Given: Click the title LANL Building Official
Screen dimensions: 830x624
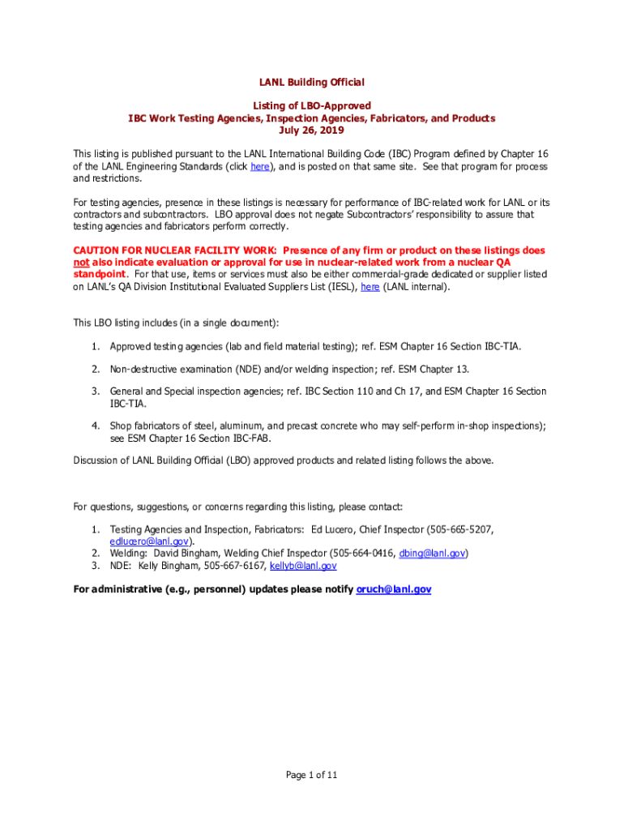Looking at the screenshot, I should [x=311, y=82].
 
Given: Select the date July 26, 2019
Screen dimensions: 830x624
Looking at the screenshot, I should [x=311, y=130].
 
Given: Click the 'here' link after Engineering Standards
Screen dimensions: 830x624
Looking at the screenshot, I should [x=260, y=166].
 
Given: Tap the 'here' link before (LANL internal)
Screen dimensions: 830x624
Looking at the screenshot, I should [x=370, y=286].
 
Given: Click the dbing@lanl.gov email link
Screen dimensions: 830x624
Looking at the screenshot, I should [x=433, y=553].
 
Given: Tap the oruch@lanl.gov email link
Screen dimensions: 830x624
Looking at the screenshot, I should [x=394, y=589].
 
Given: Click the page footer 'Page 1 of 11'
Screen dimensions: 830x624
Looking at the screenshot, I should [x=311, y=775].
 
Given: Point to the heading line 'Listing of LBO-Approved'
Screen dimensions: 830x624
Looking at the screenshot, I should [x=311, y=105].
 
